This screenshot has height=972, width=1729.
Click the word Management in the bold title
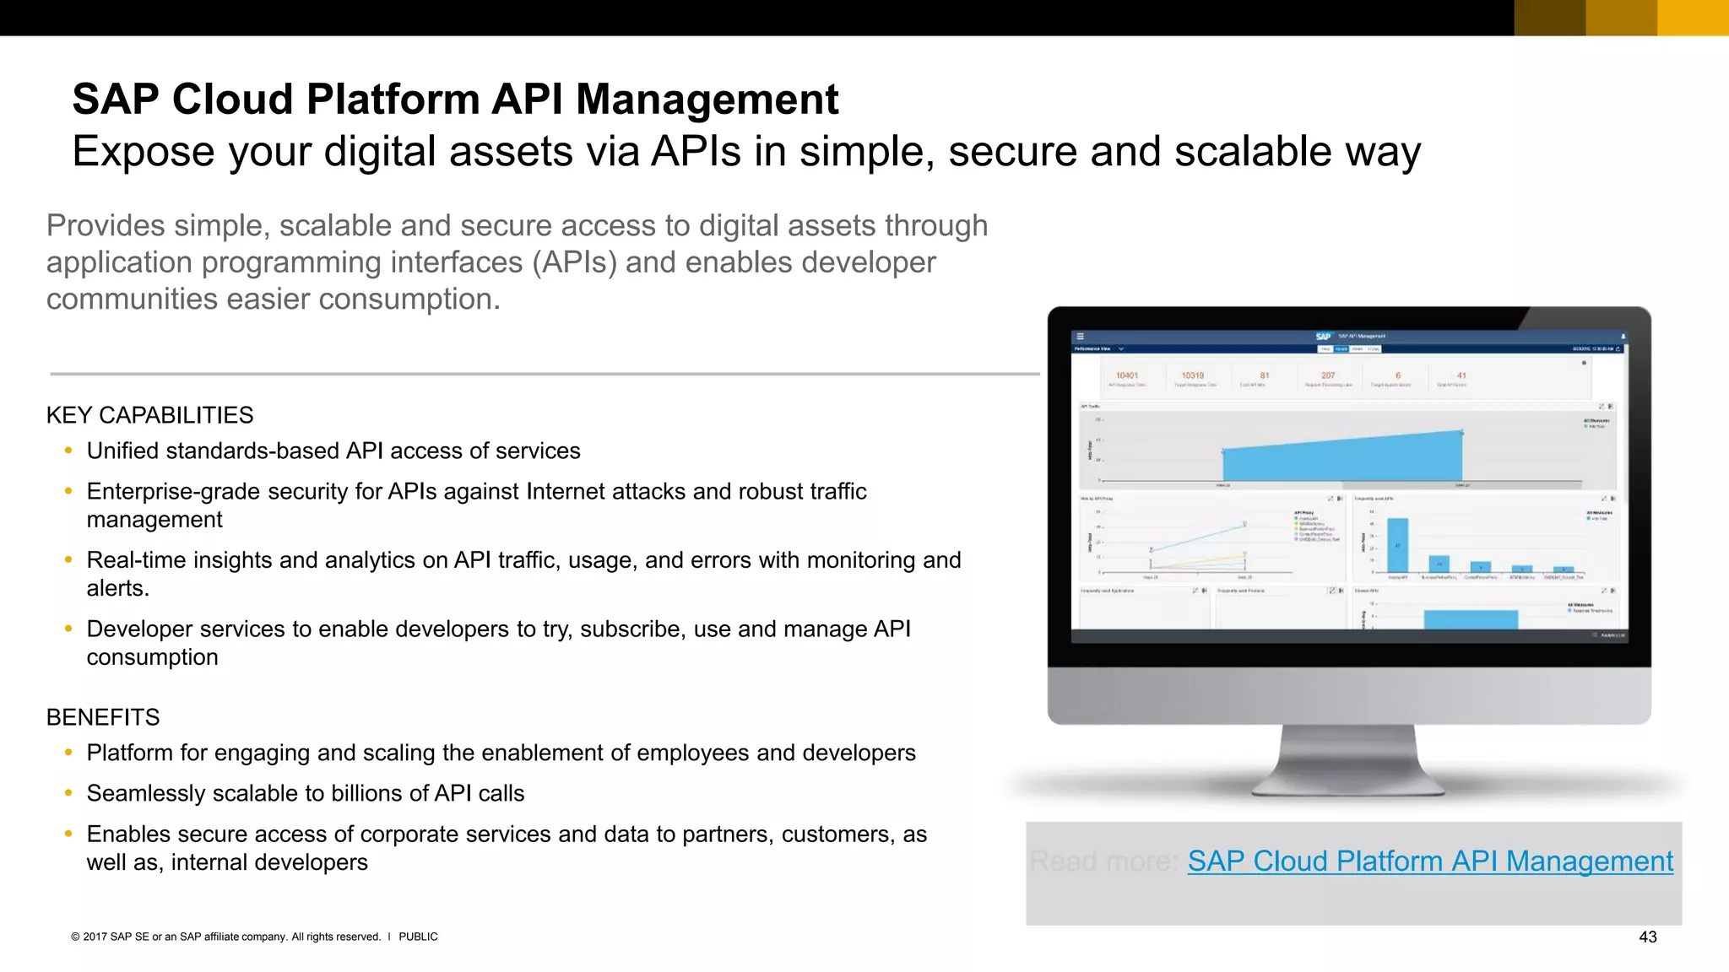click(707, 100)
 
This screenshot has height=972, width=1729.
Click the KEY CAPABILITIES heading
click(149, 415)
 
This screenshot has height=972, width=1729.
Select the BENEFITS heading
click(102, 717)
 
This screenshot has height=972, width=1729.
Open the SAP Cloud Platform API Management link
click(1429, 861)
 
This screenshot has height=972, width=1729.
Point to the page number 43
click(1647, 937)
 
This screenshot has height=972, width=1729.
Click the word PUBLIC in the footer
click(418, 937)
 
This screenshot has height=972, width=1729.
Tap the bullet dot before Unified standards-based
click(68, 451)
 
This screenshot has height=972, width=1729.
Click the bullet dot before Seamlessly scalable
click(68, 793)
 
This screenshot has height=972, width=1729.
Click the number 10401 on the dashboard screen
click(1126, 375)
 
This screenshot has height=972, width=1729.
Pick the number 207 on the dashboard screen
click(1328, 375)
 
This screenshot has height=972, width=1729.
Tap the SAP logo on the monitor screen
click(1323, 336)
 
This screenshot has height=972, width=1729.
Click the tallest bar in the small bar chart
click(1398, 545)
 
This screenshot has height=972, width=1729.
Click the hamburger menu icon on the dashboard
click(1080, 336)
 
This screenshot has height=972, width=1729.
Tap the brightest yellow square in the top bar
click(1693, 18)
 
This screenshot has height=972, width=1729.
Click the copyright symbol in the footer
click(75, 937)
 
